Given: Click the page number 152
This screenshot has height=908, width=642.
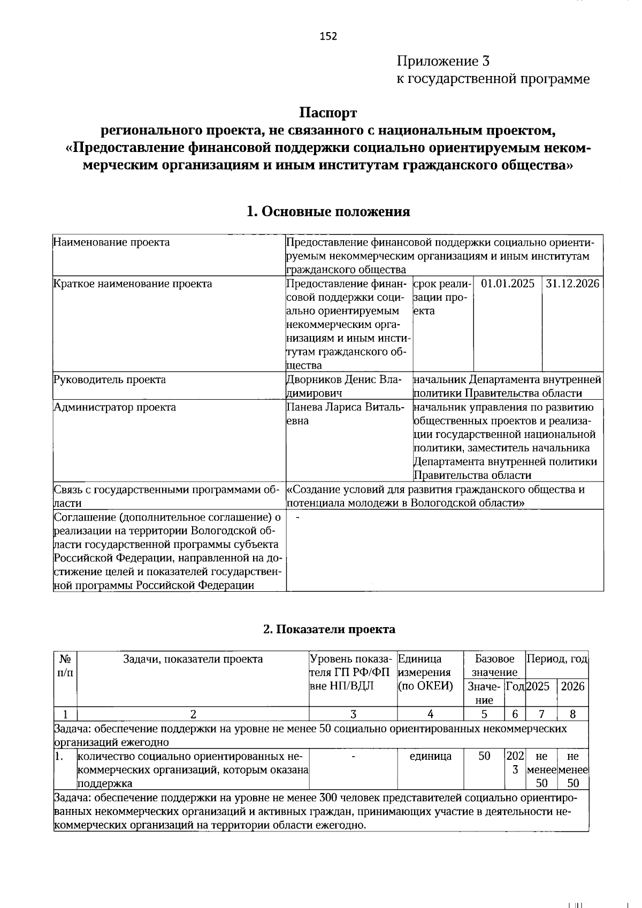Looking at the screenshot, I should [328, 36].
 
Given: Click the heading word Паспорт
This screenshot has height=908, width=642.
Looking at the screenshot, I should [327, 113].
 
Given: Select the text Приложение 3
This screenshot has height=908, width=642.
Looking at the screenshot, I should [443, 60].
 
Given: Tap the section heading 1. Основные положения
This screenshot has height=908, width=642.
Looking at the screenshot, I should [327, 212].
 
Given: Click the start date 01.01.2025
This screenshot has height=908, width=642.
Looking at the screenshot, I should [507, 284].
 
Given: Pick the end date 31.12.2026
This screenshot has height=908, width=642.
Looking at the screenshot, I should [572, 284].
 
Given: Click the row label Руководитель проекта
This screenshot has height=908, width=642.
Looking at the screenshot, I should [110, 380].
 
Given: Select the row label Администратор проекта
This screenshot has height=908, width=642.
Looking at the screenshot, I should [115, 408].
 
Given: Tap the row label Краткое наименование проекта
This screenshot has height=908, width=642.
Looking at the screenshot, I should [133, 284].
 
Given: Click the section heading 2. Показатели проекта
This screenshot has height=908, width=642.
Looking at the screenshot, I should [329, 629].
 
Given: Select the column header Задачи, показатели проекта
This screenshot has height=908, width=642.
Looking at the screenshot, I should [193, 659].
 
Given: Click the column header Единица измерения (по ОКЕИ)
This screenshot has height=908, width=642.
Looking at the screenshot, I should [425, 673].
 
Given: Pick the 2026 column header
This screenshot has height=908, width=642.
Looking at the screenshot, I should [572, 686].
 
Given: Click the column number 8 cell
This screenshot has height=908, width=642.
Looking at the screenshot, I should [572, 714].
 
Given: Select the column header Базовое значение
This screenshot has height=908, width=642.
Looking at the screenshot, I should [494, 666].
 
